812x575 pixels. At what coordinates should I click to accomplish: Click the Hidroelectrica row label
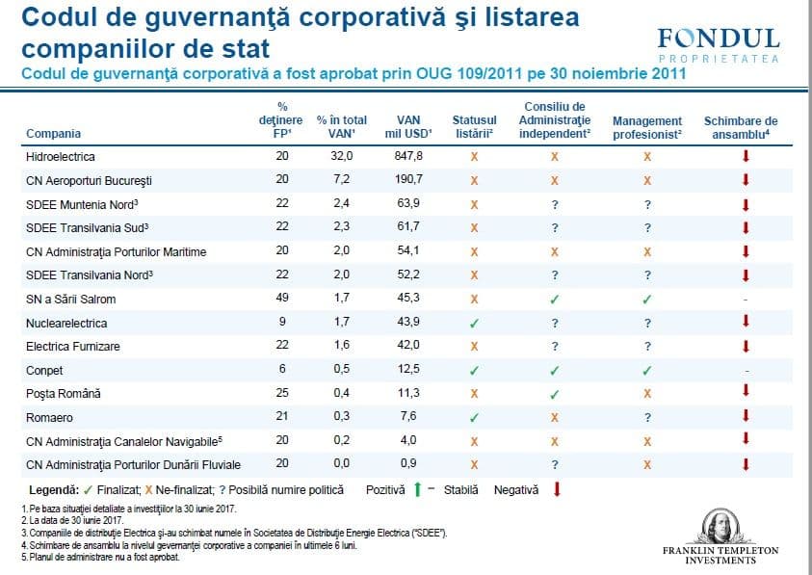click(62, 156)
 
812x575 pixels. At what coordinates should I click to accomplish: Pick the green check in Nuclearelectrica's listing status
click(474, 323)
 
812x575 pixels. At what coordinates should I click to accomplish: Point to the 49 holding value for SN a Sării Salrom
click(280, 299)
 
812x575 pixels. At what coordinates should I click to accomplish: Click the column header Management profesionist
click(647, 127)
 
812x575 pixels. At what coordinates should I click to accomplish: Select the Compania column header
click(53, 134)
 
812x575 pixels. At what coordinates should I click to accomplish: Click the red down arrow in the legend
click(557, 489)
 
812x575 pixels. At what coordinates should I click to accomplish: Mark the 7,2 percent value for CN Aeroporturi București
click(342, 180)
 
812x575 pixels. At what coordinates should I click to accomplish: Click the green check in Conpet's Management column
click(647, 370)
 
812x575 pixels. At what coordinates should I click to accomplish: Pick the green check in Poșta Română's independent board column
click(555, 394)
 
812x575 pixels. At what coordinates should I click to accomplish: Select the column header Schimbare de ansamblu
click(741, 127)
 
